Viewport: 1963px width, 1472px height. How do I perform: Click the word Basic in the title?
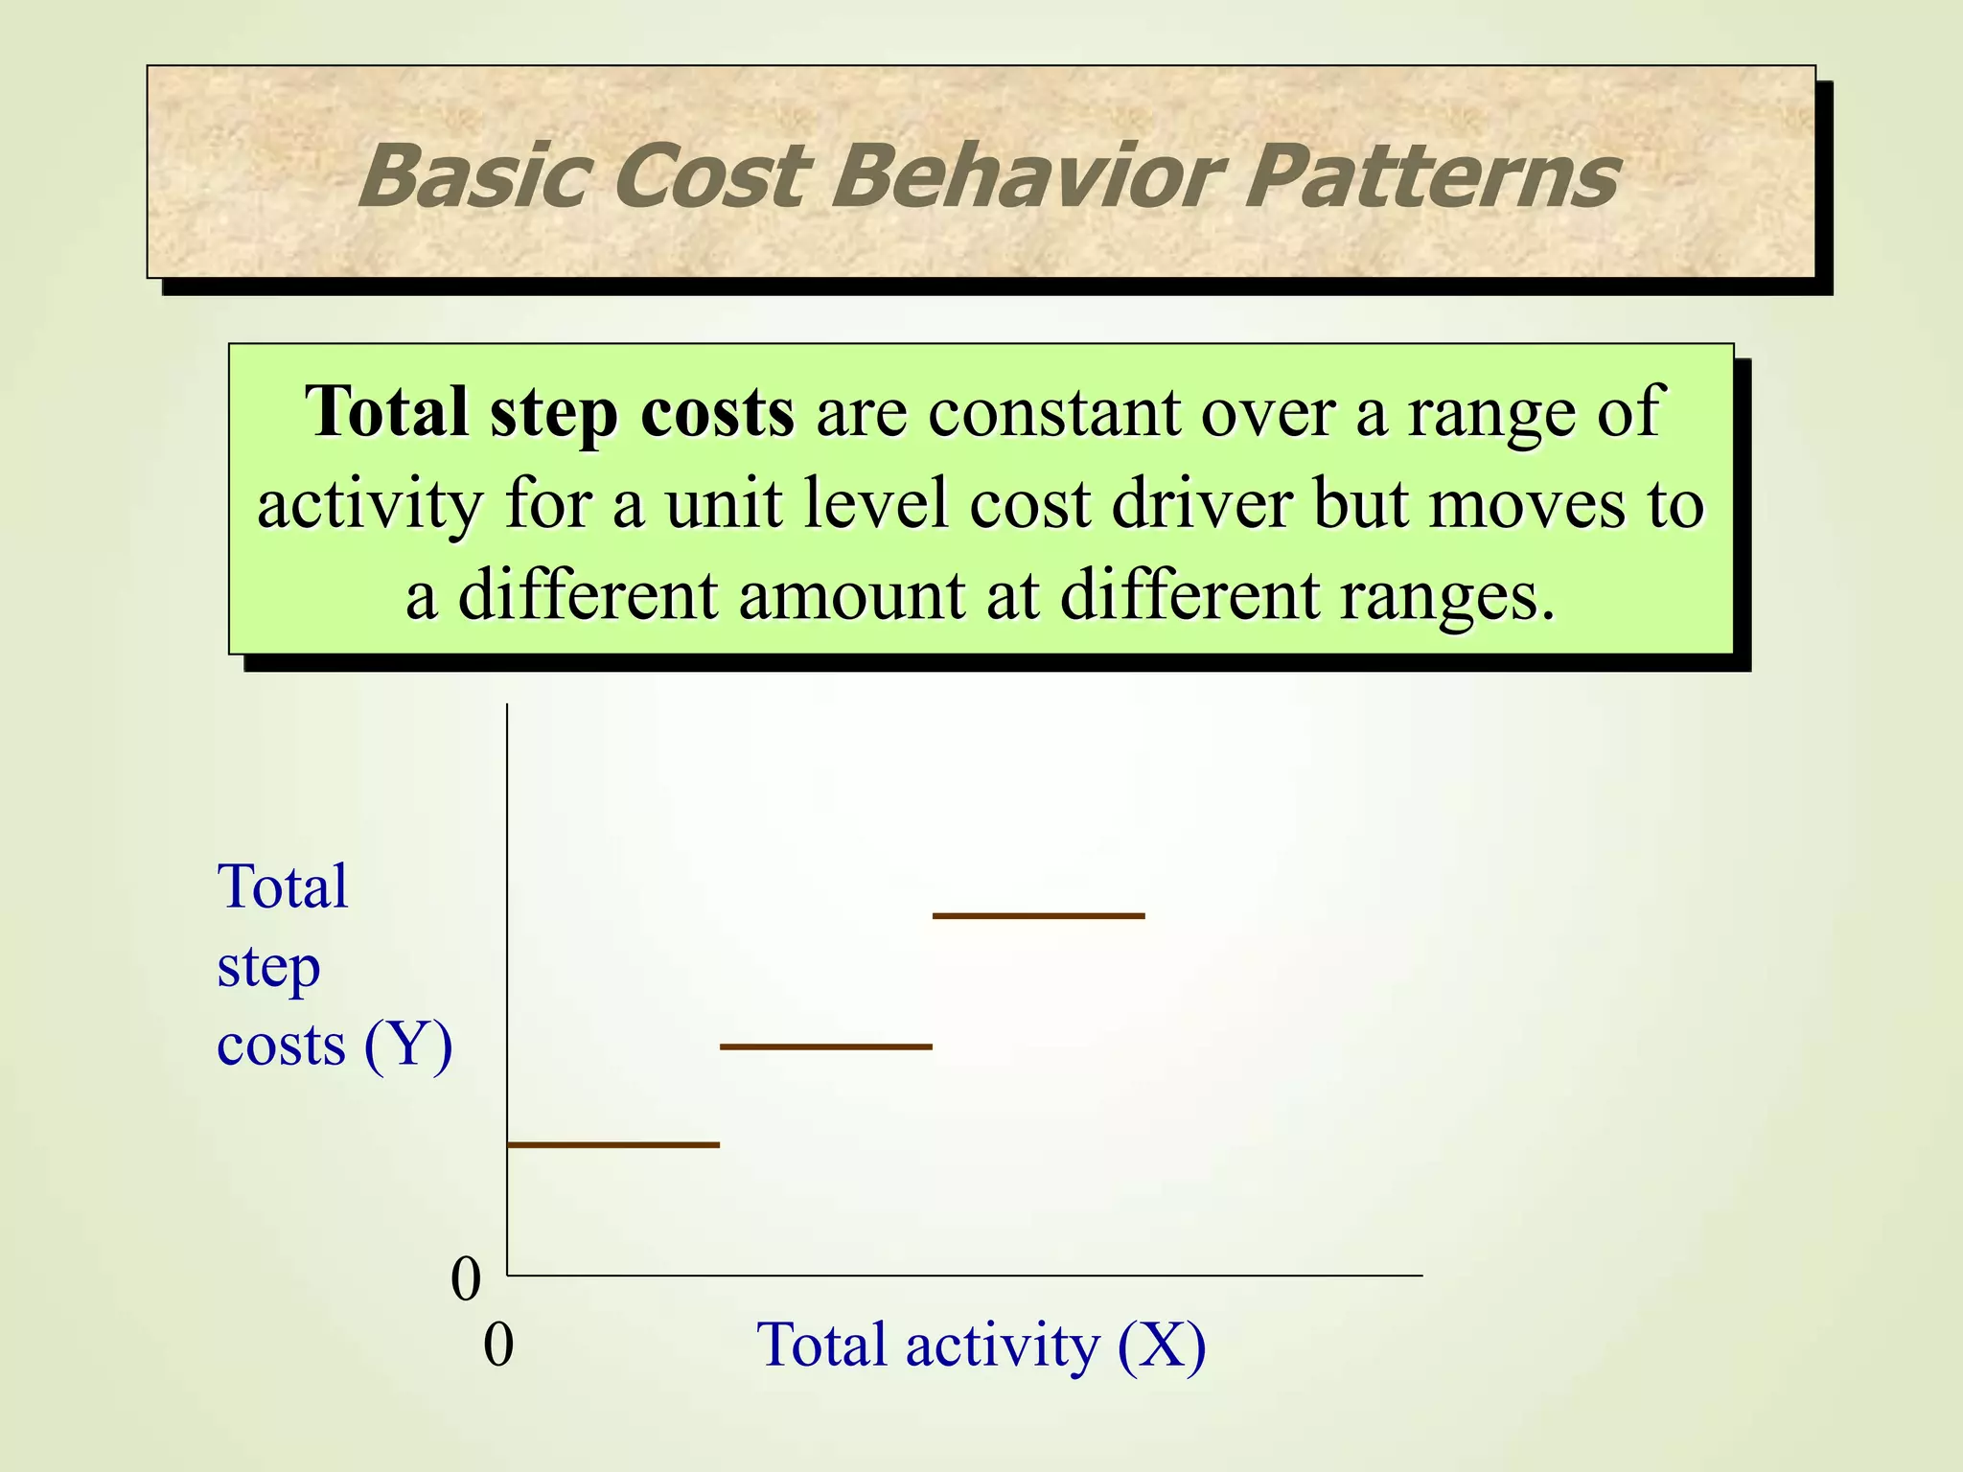coord(471,176)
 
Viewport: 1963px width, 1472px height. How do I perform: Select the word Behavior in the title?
coord(1027,176)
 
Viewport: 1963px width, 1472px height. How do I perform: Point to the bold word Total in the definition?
coord(386,412)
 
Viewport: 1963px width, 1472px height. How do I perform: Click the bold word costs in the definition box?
coord(717,412)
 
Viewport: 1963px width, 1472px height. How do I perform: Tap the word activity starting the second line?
coord(369,504)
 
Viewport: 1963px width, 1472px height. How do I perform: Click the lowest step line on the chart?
coord(613,1144)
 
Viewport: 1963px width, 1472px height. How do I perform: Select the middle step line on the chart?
coord(825,1046)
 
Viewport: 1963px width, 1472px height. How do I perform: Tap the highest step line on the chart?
coord(1038,916)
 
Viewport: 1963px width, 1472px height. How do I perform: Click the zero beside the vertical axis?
coord(466,1279)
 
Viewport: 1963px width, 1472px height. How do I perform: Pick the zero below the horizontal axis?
coord(498,1345)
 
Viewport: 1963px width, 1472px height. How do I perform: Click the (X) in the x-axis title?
coord(1162,1345)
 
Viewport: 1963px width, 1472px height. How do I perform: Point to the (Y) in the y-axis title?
coord(407,1045)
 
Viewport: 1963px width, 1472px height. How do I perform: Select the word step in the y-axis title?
coord(268,968)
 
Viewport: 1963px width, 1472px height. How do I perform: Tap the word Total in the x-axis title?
coord(822,1345)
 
